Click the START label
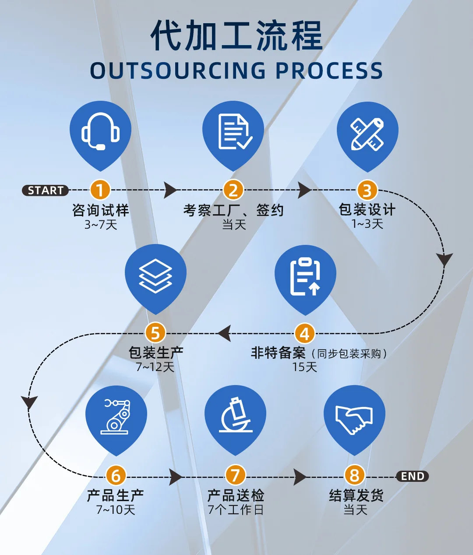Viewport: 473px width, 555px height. pos(45,191)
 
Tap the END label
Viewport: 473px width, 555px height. pos(412,476)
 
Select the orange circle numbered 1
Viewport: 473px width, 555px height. pos(100,191)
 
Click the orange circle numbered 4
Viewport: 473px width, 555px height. pos(304,334)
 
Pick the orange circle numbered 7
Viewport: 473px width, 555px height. pos(235,476)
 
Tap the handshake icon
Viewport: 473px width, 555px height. pos(354,419)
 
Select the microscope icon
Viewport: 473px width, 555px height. pos(235,416)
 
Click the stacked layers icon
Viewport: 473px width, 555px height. pos(155,276)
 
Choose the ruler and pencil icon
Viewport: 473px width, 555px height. pos(367,134)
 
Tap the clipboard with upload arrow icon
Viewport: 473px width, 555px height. pos(305,276)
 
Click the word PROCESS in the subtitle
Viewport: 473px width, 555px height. pos(329,71)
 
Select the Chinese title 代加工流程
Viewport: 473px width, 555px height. pos(236,36)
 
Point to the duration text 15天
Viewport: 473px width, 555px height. pos(304,367)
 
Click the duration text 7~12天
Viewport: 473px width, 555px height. pos(155,367)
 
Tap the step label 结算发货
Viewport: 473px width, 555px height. pos(356,495)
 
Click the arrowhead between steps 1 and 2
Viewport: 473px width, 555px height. pos(171,191)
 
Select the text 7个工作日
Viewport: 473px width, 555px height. pos(235,510)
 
